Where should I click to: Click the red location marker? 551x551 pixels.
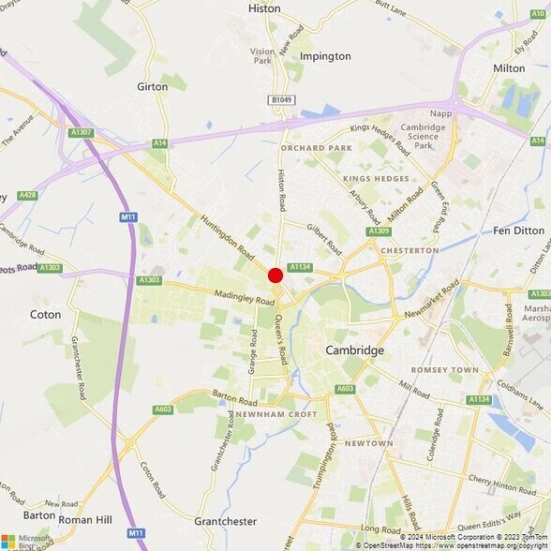pos(275,275)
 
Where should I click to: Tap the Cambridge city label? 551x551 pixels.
pos(354,350)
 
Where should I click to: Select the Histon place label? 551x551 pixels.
pos(264,8)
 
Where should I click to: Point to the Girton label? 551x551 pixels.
pos(153,86)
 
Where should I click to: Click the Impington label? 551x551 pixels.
pos(325,56)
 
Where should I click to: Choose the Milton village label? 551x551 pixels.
pos(509,68)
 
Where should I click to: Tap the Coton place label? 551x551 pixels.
pos(46,315)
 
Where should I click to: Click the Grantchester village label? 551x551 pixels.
pos(225,521)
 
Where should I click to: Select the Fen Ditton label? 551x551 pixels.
pos(518,231)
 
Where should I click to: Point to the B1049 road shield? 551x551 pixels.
pos(281,99)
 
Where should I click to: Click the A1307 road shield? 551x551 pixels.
pos(82,133)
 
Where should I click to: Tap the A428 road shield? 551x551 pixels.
pos(27,195)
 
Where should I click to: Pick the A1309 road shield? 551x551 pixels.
pos(379,231)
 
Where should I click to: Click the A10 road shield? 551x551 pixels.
pos(538,14)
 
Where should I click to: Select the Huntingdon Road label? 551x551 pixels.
pos(227,238)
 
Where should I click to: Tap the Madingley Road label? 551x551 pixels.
pos(246,296)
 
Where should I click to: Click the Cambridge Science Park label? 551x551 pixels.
pos(423,136)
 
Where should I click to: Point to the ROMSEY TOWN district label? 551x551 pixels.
pos(446,370)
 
